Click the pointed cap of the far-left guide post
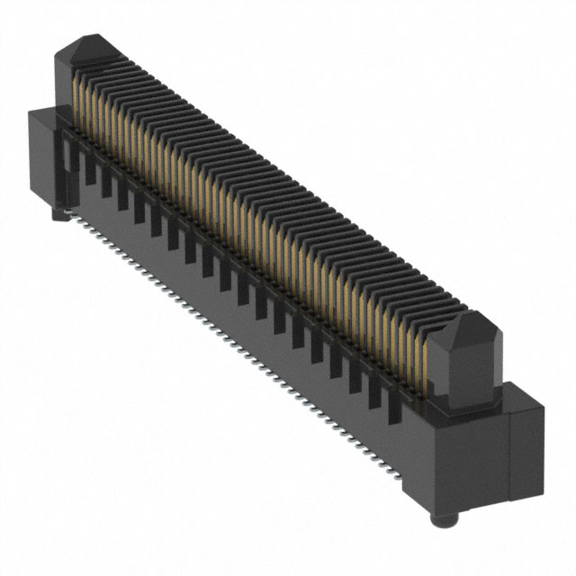[91, 46]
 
